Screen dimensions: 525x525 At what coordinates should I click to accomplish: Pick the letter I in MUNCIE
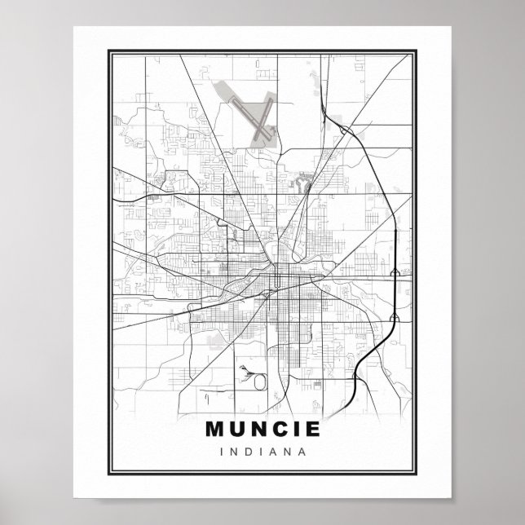pyautogui.click(x=297, y=427)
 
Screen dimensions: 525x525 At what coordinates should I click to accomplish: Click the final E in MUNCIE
pyautogui.click(x=312, y=427)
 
